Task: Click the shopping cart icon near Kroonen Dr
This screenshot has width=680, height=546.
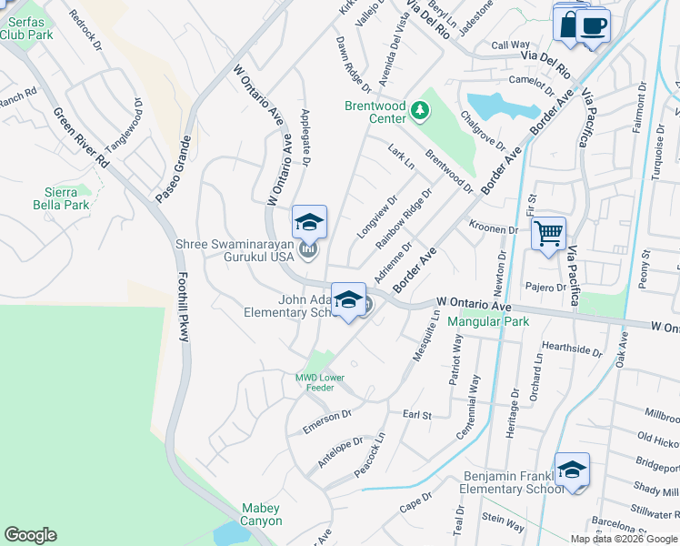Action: tap(549, 235)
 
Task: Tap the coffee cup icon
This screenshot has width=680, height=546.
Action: tap(593, 25)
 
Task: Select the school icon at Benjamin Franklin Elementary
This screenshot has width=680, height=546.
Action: tap(572, 470)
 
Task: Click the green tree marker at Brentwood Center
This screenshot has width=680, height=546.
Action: tap(419, 111)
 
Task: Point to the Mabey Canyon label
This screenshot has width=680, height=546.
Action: tap(261, 514)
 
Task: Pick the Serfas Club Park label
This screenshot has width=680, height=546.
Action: tap(26, 28)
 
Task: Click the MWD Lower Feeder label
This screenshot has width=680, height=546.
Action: tap(315, 381)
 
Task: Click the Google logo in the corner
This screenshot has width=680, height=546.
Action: tap(31, 535)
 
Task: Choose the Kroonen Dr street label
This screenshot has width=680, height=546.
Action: tap(493, 228)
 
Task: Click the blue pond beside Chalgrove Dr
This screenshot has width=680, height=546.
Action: tap(497, 106)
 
